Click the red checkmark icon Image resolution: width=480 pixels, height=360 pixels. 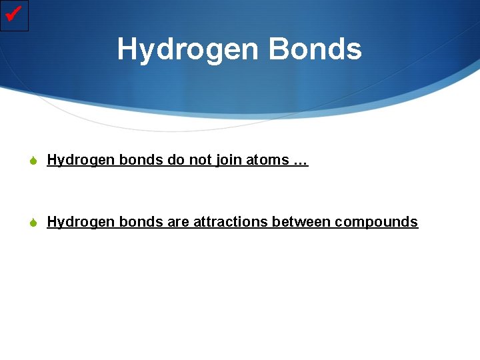tap(15, 15)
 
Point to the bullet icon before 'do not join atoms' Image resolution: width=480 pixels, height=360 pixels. tap(36, 161)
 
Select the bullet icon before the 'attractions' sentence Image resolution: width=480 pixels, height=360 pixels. tap(36, 223)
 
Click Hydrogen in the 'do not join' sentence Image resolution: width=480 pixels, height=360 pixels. tap(81, 160)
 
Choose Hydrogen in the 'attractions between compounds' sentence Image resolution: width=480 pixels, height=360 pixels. tap(81, 222)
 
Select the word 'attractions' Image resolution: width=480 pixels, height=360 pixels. tap(231, 222)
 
